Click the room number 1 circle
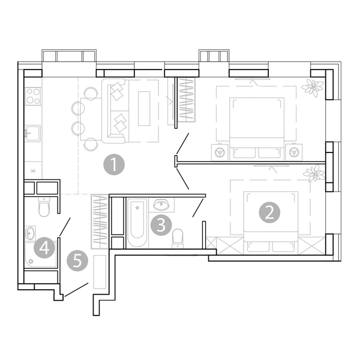[x=114, y=164]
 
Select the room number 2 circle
[x=269, y=212]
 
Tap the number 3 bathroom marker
[x=161, y=225]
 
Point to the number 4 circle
[x=44, y=248]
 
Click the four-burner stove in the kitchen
[x=33, y=96]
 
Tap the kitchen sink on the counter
[x=32, y=133]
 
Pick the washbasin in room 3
[x=161, y=204]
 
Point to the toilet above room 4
[x=44, y=206]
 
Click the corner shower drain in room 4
[x=30, y=261]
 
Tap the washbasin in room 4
[x=30, y=233]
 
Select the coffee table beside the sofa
[x=144, y=109]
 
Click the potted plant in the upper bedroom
[x=312, y=88]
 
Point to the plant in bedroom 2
[x=314, y=173]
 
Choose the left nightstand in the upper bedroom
[x=220, y=152]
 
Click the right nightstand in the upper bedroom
[x=294, y=152]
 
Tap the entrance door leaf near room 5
[x=76, y=290]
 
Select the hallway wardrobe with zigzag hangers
[x=100, y=221]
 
